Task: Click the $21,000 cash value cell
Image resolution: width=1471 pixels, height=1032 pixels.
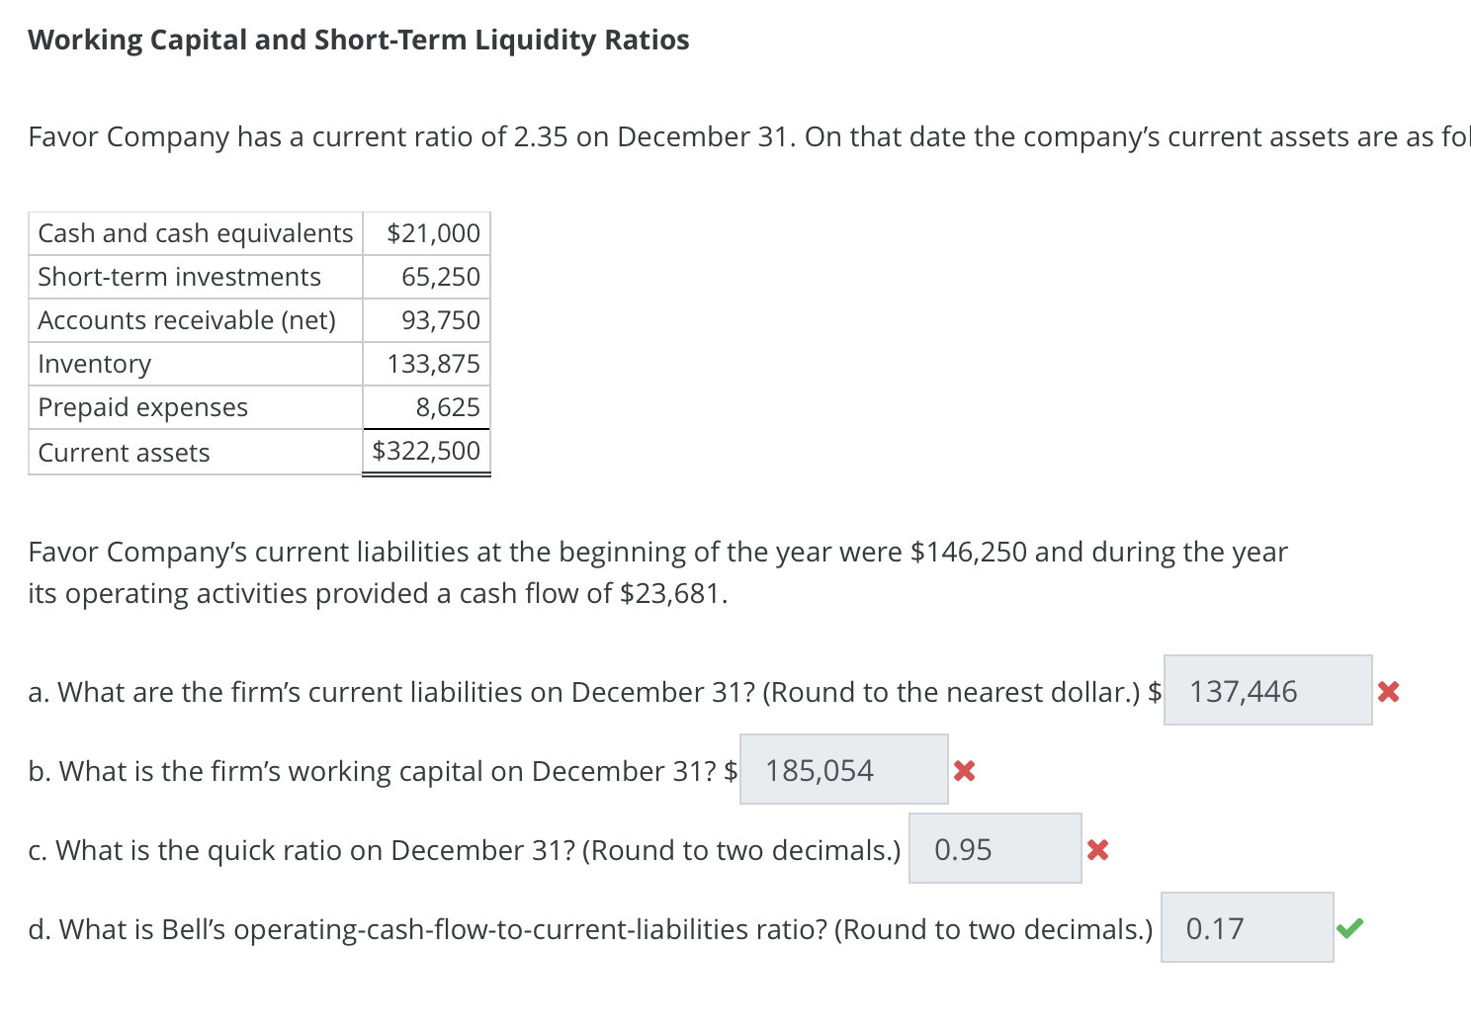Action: [x=433, y=233]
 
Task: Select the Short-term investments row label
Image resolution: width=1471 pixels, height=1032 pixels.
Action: [x=179, y=277]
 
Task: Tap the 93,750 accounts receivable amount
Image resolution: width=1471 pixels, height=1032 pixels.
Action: [x=440, y=320]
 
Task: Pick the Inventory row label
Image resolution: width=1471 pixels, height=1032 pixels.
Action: [x=95, y=364]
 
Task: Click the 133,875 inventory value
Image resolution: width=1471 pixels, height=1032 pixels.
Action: [x=433, y=364]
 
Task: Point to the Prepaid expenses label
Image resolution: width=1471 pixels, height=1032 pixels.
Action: [x=142, y=407]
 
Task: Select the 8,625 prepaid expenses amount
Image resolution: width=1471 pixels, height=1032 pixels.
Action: [x=447, y=407]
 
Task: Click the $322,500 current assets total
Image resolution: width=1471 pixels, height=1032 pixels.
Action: [x=426, y=451]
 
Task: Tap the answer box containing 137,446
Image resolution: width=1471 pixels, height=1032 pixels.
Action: [x=1267, y=691]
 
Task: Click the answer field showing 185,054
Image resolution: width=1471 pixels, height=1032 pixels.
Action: [x=843, y=770]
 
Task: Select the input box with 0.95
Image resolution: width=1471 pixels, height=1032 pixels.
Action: [x=995, y=849]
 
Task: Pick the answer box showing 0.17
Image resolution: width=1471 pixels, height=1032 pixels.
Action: [x=1247, y=928]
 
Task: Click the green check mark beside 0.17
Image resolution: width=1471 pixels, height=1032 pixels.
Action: [x=1349, y=928]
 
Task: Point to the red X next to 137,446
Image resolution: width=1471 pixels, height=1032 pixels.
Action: [x=1388, y=692]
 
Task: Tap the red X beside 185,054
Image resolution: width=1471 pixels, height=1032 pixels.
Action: [x=965, y=771]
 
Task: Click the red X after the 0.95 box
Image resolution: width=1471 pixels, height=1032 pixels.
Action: [x=1097, y=850]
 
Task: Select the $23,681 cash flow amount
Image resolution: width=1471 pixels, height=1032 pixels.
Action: [x=672, y=593]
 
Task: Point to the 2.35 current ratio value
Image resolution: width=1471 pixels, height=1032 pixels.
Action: [x=541, y=136]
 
